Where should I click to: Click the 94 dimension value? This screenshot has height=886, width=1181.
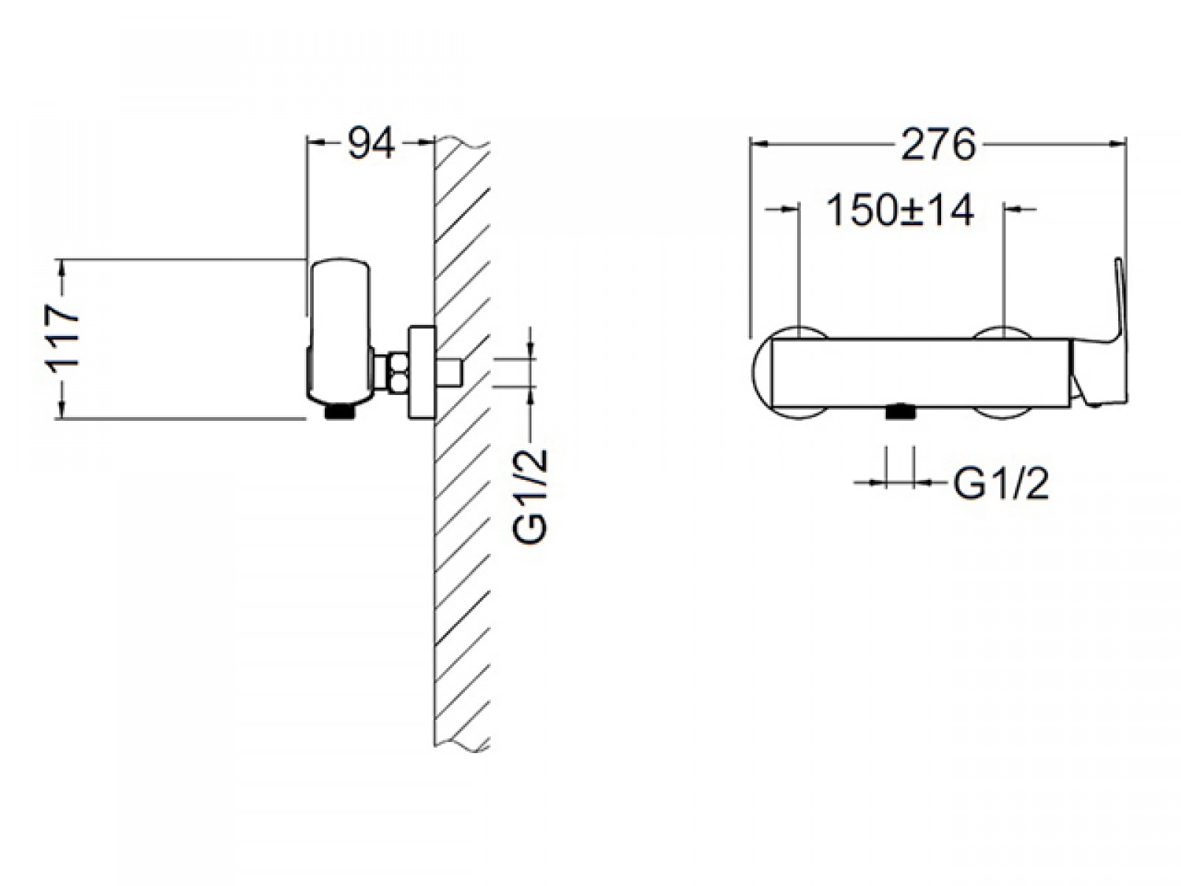(371, 142)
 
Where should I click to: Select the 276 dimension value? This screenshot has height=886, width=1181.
(938, 144)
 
